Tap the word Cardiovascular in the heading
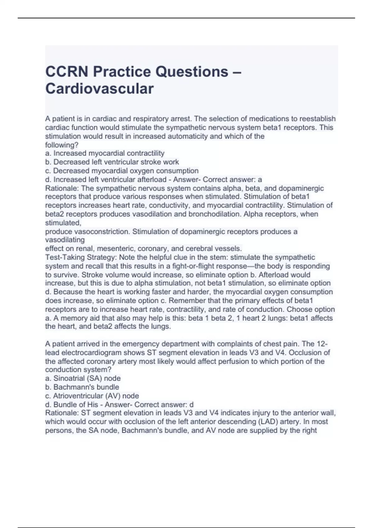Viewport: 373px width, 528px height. (x=99, y=89)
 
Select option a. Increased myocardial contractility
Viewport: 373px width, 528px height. (x=105, y=153)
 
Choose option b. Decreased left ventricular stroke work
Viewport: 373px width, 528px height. (x=112, y=162)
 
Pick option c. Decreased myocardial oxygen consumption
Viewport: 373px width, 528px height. (x=122, y=171)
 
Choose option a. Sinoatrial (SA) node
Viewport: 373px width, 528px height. (x=83, y=378)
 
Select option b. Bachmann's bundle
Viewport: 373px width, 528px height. (x=82, y=387)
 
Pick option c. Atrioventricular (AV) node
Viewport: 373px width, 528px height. (x=92, y=396)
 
